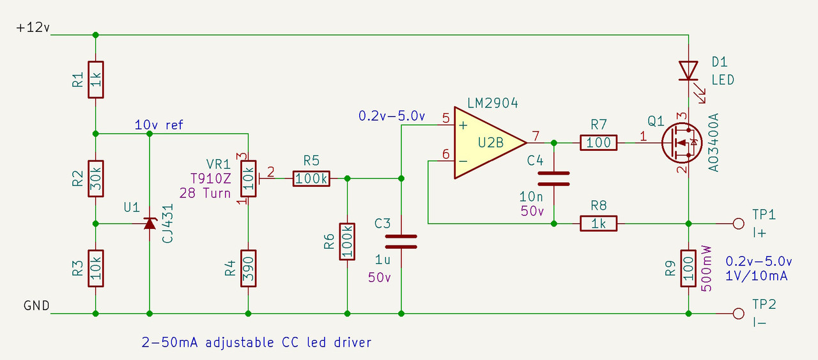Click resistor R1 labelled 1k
click(x=96, y=80)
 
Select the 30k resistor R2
click(x=96, y=178)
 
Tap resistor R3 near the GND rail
click(x=96, y=268)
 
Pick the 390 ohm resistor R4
click(x=248, y=268)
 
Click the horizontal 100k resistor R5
click(x=311, y=178)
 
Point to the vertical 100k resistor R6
click(x=347, y=241)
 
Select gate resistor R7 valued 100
click(x=598, y=143)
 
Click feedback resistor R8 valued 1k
click(x=598, y=223)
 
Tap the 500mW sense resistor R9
click(x=688, y=268)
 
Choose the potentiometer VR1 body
click(x=248, y=179)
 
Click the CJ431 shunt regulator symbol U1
click(x=150, y=223)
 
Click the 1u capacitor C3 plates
click(x=401, y=241)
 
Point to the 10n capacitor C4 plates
click(x=553, y=178)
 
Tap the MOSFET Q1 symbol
click(x=680, y=143)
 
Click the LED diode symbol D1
click(x=688, y=70)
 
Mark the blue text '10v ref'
click(x=158, y=125)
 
